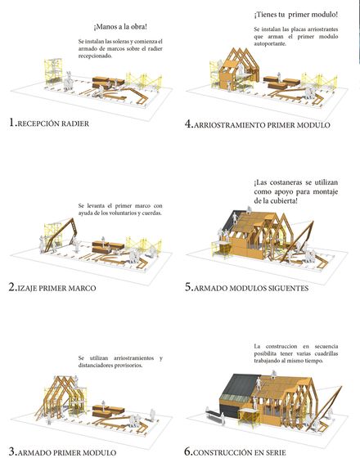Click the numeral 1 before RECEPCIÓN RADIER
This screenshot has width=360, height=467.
pyautogui.click(x=12, y=123)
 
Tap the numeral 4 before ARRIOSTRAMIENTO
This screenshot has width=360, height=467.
pyautogui.click(x=188, y=123)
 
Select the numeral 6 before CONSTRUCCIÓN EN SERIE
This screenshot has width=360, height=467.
pyautogui.click(x=187, y=451)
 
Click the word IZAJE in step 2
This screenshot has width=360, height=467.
pyautogui.click(x=27, y=289)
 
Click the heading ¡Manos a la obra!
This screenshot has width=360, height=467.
pyautogui.click(x=120, y=27)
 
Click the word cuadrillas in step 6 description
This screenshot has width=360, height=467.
pyautogui.click(x=325, y=353)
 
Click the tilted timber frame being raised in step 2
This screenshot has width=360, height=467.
pyautogui.click(x=63, y=235)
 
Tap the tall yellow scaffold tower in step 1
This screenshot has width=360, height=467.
pyautogui.click(x=53, y=72)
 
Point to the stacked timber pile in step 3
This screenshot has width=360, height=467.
pyautogui.click(x=108, y=411)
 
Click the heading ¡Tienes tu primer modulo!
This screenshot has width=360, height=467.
pyautogui.click(x=296, y=15)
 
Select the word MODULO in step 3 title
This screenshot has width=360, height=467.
pyautogui.click(x=99, y=453)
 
